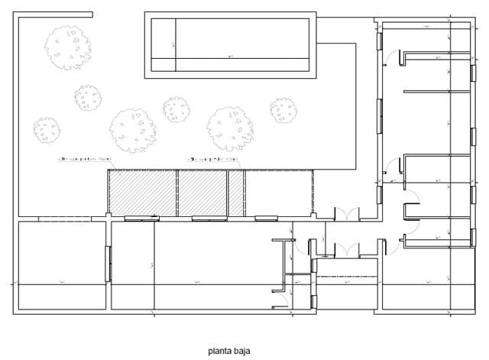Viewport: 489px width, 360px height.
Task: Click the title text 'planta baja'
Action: tap(229, 352)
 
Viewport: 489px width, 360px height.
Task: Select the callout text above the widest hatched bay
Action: tap(85, 159)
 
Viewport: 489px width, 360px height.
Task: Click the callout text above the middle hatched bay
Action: tap(213, 159)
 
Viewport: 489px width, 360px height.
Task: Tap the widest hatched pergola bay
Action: tap(142, 192)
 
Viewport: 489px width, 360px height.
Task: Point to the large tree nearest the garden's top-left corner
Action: tap(67, 47)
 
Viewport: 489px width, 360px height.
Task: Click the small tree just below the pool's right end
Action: tap(283, 111)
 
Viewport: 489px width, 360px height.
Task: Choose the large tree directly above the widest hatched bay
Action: tap(132, 129)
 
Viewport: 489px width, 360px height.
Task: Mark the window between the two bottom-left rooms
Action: tap(108, 264)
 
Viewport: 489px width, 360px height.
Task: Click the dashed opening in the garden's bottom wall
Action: tap(64, 219)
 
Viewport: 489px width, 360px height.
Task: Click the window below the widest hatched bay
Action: tap(141, 219)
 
